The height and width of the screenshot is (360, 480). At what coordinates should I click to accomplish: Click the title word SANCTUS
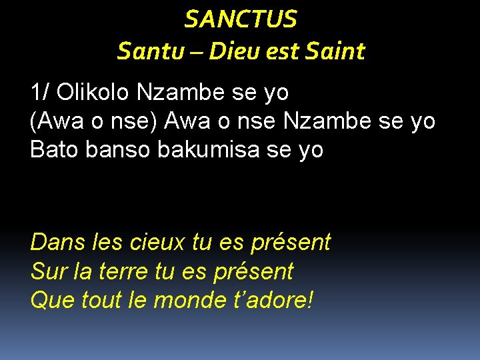(241, 19)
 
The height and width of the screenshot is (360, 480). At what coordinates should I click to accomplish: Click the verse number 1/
(40, 92)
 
